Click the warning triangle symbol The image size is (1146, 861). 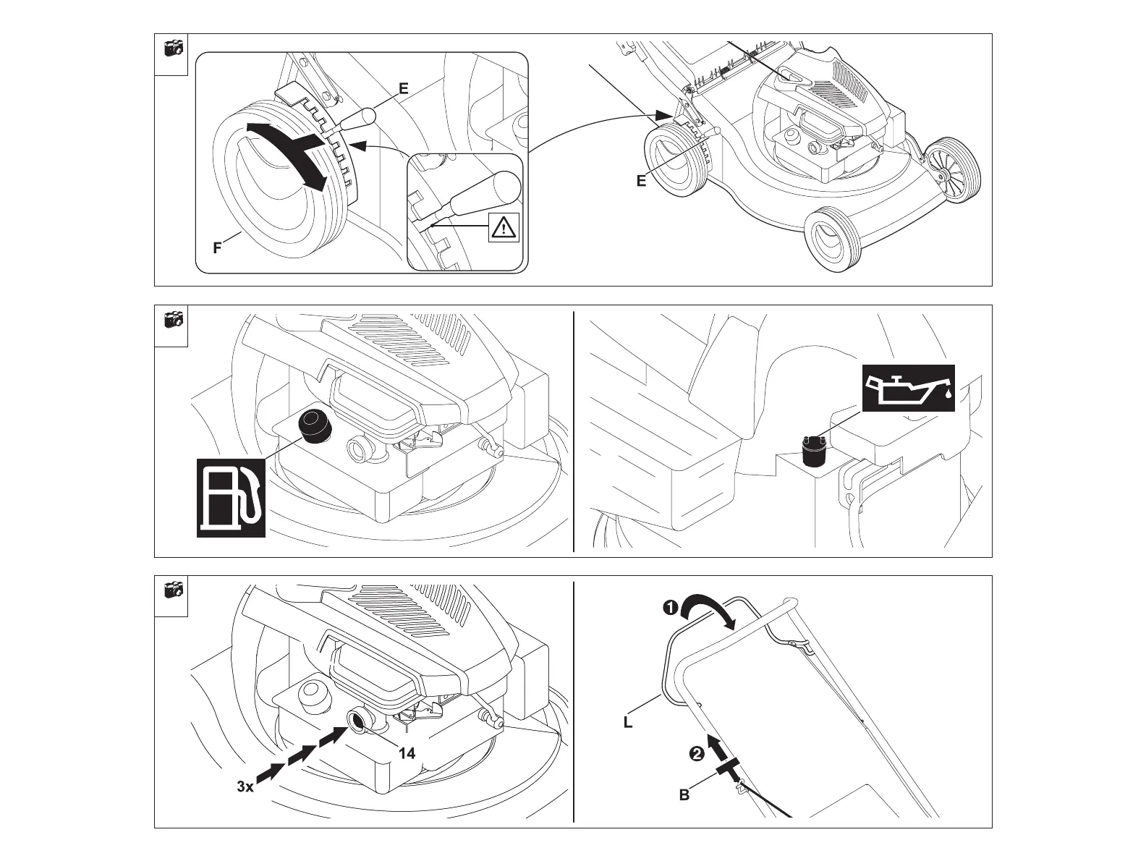click(x=504, y=228)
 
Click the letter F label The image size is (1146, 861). click(x=217, y=248)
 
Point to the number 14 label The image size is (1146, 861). click(x=407, y=753)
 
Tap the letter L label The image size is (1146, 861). click(x=628, y=721)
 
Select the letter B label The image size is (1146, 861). click(x=684, y=795)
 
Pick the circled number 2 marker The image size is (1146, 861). click(x=696, y=754)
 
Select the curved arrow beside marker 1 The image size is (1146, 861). click(x=710, y=606)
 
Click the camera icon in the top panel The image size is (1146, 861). click(x=172, y=48)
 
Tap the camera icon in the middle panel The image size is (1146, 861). click(x=172, y=320)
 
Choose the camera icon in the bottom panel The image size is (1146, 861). click(x=172, y=590)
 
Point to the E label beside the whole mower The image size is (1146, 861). click(x=641, y=182)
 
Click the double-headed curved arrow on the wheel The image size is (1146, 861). click(x=288, y=153)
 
